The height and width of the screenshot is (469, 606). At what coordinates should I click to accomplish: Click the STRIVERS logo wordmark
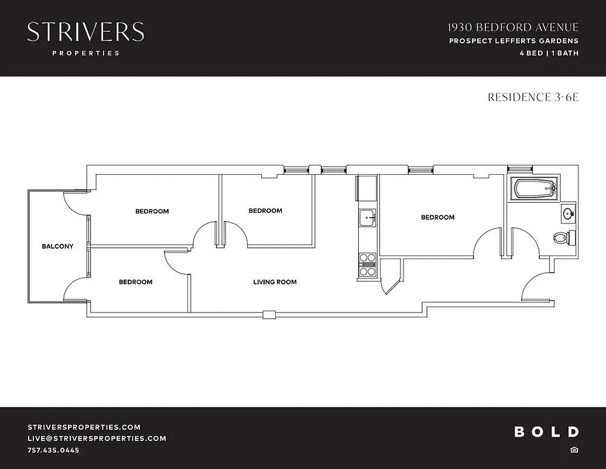point(85,32)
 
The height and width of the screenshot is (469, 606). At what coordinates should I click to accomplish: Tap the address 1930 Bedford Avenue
point(513,28)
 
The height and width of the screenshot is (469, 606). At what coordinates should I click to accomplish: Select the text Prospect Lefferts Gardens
point(513,41)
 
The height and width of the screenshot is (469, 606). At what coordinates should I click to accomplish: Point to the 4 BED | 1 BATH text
point(549,53)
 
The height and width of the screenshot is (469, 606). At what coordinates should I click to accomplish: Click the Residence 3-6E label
point(533,97)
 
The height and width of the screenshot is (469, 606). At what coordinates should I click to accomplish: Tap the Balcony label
point(57,246)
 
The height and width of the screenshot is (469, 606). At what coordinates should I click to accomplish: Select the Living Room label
point(275,282)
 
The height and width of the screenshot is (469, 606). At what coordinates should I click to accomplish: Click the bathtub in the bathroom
point(534,189)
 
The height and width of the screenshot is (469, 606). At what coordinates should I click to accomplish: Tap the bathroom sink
point(568,214)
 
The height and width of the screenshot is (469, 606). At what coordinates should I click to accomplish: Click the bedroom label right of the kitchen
point(437,217)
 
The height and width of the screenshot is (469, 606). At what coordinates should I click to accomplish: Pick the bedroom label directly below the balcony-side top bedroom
point(135,282)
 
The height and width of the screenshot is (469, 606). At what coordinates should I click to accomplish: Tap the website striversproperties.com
point(84,427)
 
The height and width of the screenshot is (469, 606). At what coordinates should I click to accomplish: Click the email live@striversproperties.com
point(97,439)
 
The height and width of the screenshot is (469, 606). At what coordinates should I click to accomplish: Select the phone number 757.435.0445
point(53,450)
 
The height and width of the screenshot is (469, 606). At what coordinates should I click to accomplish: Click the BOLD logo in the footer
point(546,432)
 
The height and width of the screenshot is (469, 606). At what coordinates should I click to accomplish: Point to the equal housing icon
point(574,450)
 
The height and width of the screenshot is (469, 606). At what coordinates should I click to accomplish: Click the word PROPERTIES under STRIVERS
point(85,53)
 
